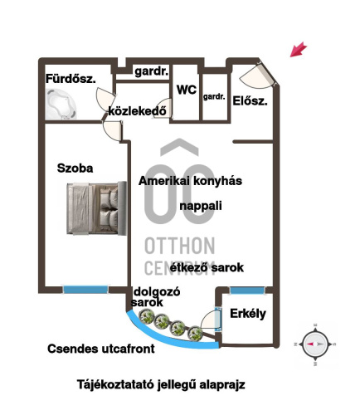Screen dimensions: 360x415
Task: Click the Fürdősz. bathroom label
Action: tap(71, 79)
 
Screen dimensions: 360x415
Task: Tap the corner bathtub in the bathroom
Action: tap(61, 104)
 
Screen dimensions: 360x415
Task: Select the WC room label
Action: tap(187, 90)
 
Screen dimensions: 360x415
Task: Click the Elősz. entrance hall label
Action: tap(250, 101)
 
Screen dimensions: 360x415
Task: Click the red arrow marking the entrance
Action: tap(299, 49)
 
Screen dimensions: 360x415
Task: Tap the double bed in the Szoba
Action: tap(96, 208)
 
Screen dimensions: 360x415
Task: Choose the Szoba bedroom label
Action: tap(75, 168)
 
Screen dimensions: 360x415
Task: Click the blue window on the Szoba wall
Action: tap(85, 290)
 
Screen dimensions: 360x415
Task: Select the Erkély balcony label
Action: tap(248, 314)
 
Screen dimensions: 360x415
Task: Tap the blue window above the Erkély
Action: tap(247, 290)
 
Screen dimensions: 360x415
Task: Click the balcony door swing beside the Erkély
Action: tap(211, 321)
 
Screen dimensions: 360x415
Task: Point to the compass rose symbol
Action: tap(315, 344)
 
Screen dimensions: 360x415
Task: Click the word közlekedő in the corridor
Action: tap(138, 111)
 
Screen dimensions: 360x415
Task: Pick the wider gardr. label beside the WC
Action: tap(152, 71)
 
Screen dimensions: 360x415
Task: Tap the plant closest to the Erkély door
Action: tap(196, 333)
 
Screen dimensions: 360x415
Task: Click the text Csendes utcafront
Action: tap(101, 349)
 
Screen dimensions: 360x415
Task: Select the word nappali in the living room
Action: tap(201, 206)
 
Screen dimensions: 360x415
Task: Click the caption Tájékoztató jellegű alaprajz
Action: tap(161, 385)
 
